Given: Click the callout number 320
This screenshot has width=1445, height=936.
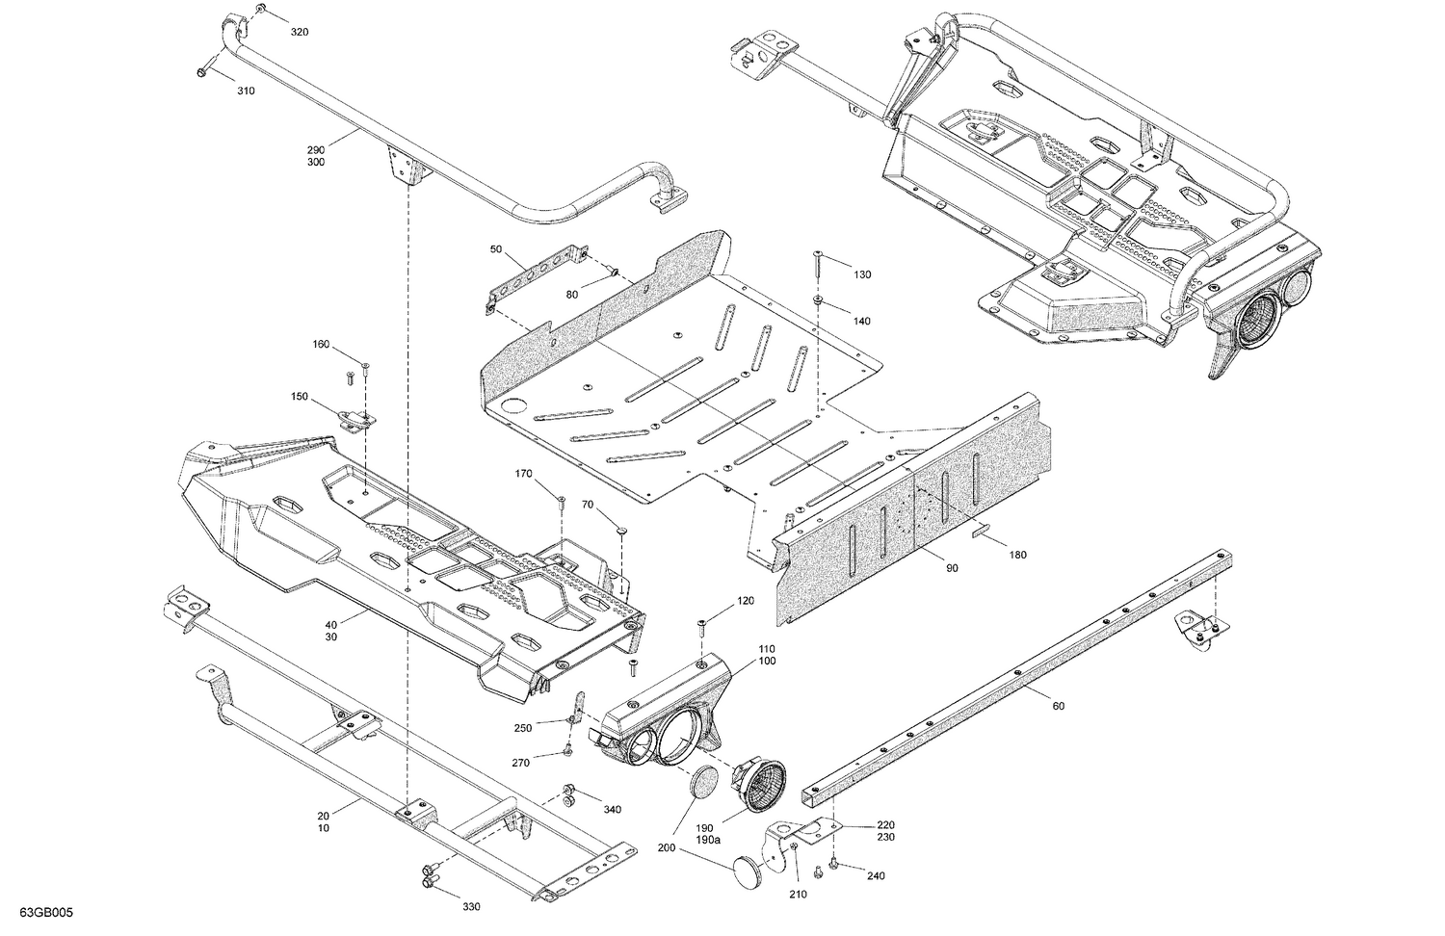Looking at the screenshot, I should point(300,33).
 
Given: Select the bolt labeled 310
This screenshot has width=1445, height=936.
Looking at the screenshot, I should point(203,72).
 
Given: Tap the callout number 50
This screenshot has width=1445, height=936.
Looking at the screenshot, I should point(496,249).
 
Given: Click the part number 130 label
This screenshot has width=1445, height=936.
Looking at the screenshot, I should point(861,274).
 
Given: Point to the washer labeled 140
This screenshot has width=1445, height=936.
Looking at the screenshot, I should point(817,301).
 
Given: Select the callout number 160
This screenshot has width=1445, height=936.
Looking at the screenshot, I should point(321,345).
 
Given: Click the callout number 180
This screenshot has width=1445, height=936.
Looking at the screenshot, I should point(1017,555).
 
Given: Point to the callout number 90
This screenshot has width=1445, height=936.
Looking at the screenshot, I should point(952,568).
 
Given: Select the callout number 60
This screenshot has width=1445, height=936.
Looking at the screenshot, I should point(1058,706).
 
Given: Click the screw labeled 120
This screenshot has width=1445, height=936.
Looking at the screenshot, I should point(701,627).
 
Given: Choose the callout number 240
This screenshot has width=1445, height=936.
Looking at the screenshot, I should point(876,876).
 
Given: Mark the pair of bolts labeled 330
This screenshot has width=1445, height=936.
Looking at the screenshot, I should point(428,879).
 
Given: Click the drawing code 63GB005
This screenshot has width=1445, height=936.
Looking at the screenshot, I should point(45,912).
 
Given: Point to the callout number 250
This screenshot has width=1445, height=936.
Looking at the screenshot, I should point(523,727).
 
